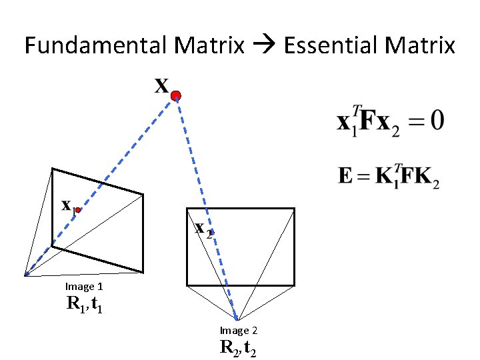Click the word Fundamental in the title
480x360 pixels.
96,46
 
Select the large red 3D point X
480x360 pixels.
175,97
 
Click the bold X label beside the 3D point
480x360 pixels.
161,86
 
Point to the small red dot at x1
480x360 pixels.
78,210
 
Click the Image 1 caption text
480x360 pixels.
83,287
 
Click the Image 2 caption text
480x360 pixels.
239,331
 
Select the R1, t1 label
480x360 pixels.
84,305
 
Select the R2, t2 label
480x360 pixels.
238,347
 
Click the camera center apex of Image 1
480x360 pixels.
25,275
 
